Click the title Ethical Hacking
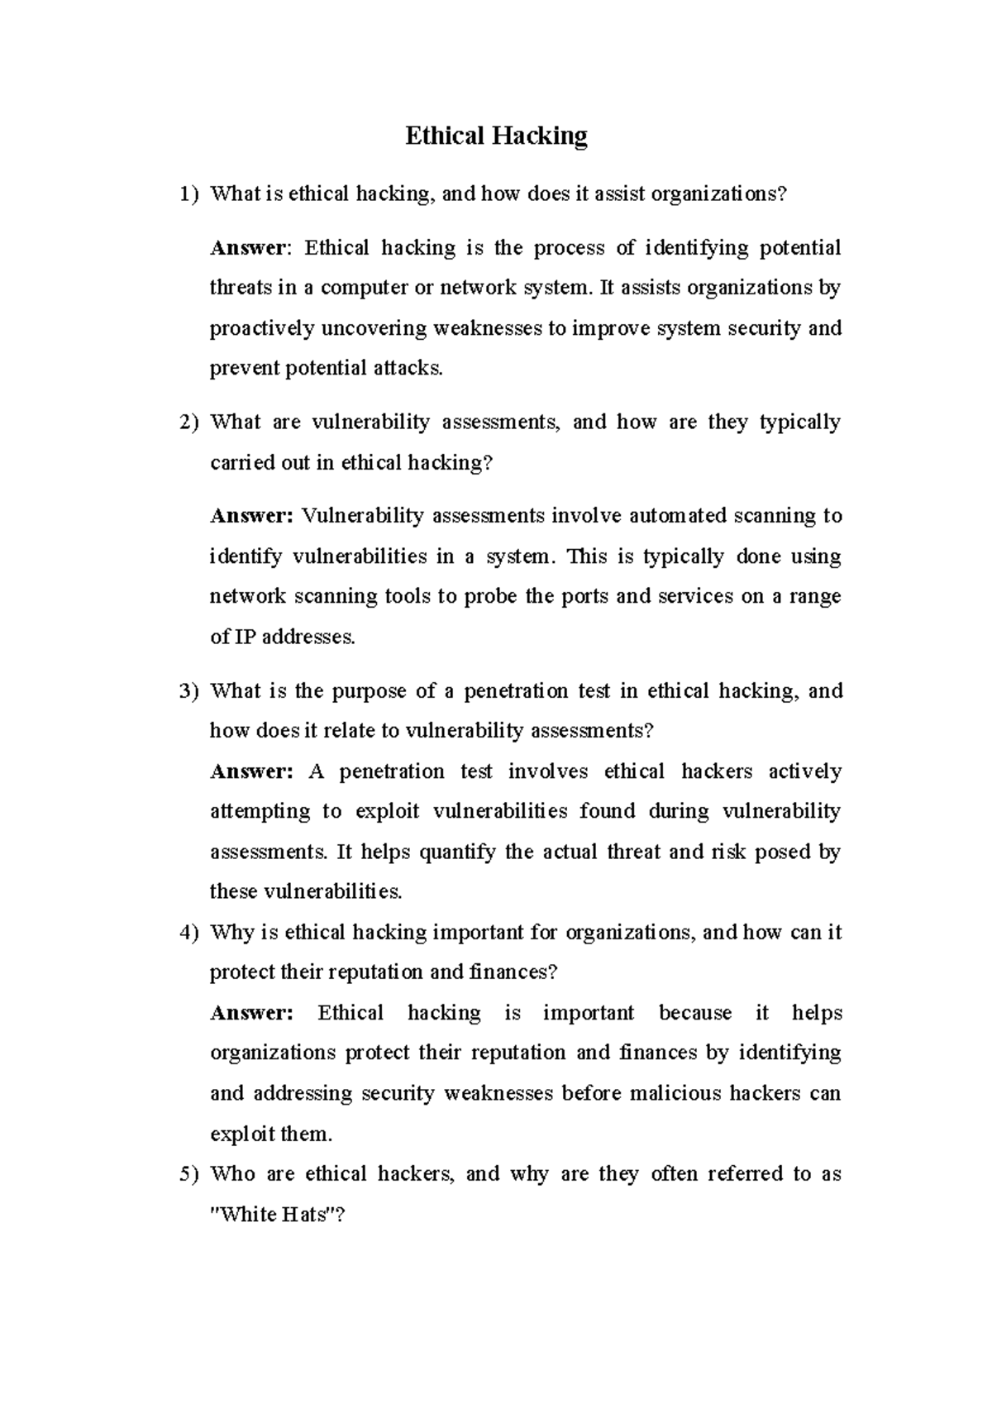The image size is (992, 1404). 496,136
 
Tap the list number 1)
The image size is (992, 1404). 189,194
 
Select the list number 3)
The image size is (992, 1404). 189,691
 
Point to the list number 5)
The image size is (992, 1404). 189,1174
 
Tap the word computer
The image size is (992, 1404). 360,289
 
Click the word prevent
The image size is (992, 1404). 244,369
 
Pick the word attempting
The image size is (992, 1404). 259,812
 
